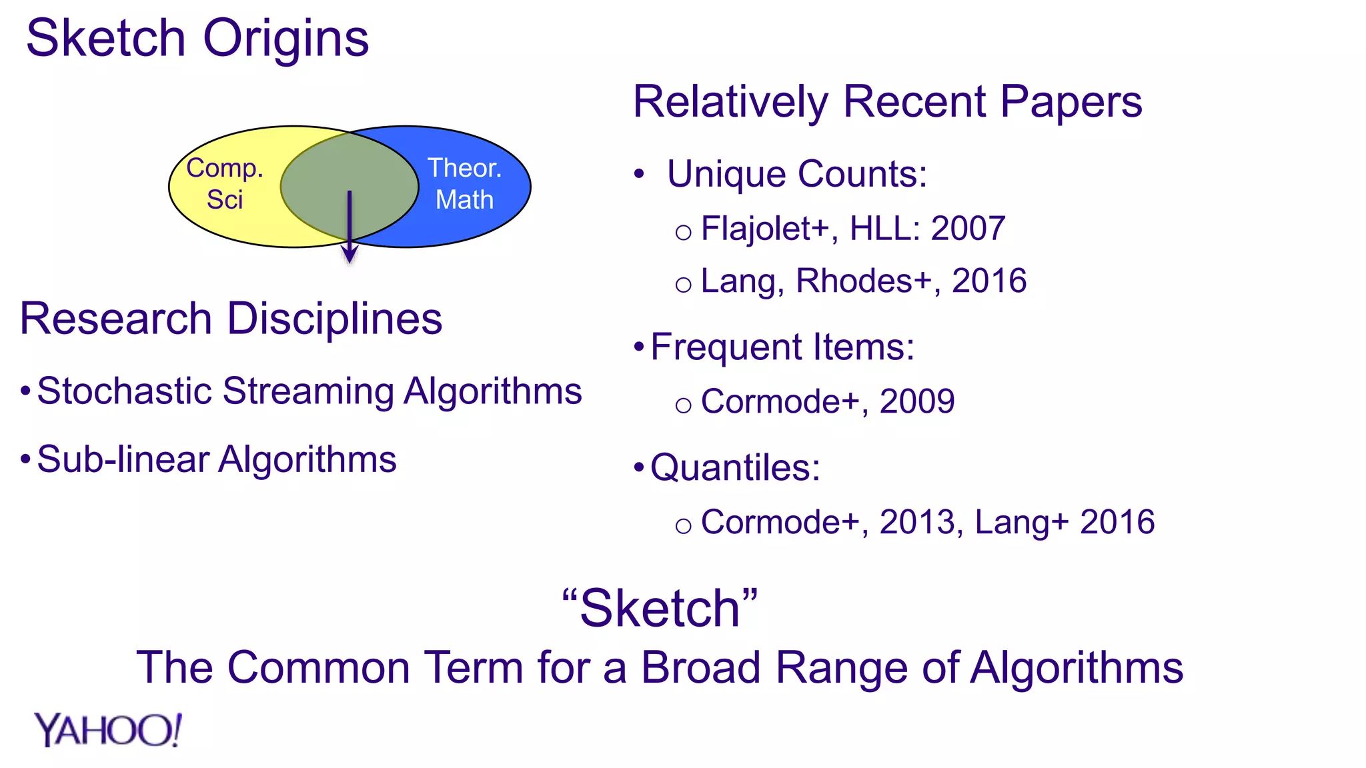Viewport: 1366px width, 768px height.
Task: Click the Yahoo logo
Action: (108, 730)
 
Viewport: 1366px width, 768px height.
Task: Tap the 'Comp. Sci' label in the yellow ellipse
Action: (225, 184)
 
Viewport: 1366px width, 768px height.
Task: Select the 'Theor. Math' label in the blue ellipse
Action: (464, 184)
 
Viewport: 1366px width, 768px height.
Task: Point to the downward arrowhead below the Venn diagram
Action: (350, 255)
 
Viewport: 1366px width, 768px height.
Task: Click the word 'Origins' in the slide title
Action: (285, 39)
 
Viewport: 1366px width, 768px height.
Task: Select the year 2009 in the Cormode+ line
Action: (917, 401)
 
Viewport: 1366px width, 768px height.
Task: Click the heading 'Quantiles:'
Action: (735, 467)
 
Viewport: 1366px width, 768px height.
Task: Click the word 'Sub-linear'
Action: (123, 459)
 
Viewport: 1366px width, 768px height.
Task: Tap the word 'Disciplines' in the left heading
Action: (335, 319)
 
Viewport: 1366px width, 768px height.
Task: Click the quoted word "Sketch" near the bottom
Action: (660, 608)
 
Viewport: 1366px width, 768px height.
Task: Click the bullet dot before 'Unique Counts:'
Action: (640, 175)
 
